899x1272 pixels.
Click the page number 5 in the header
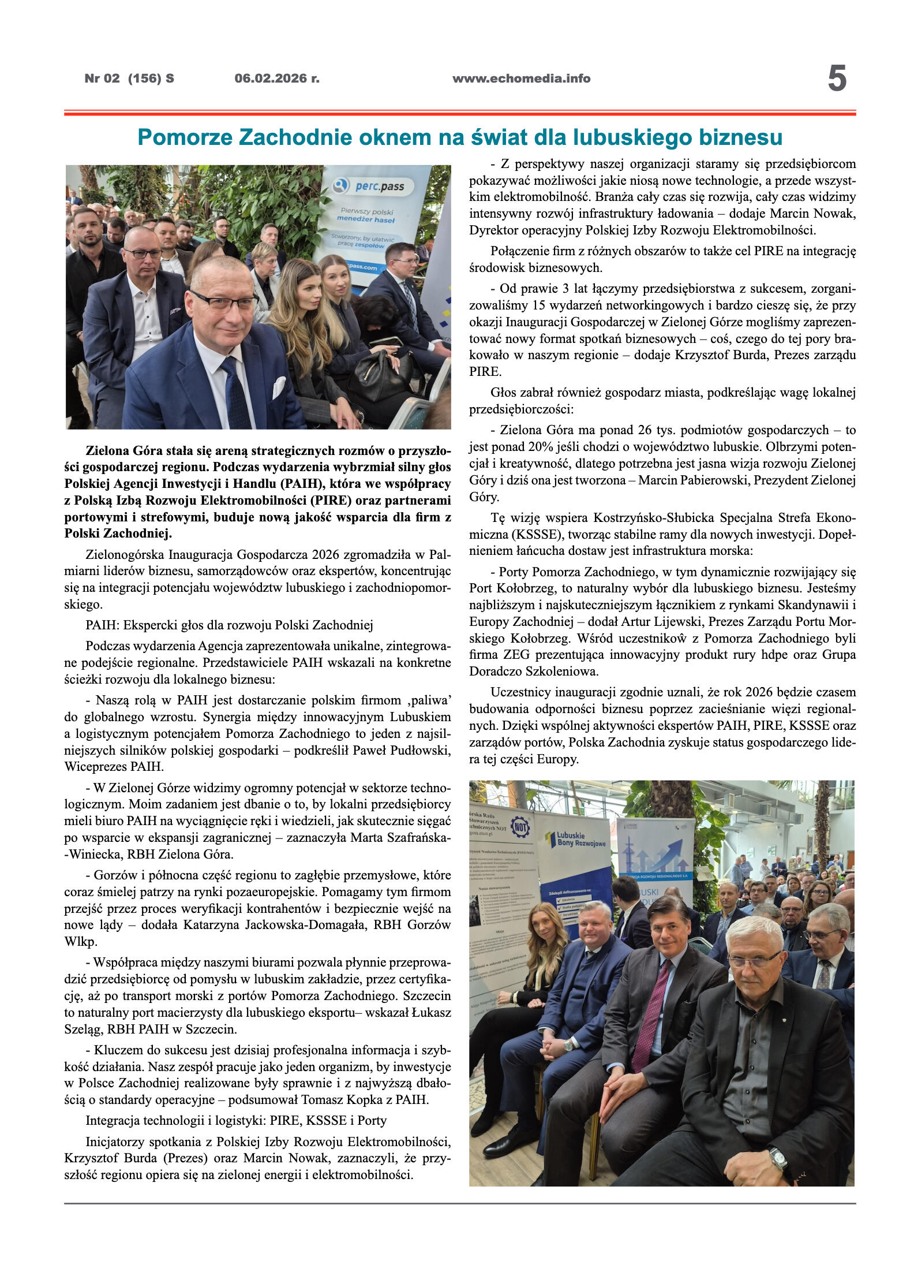[837, 79]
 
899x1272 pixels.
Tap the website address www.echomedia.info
[521, 79]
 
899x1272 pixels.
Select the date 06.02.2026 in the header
[276, 79]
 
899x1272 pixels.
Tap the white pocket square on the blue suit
[279, 387]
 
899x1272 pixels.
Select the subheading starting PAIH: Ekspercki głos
[229, 625]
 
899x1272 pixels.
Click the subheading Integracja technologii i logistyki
[236, 1121]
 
